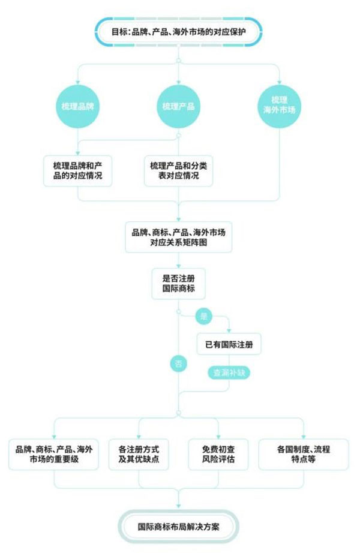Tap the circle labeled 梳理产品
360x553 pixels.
(179, 106)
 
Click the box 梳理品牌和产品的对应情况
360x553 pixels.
(78, 171)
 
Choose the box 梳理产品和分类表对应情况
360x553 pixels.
(179, 171)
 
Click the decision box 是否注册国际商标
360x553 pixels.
(179, 284)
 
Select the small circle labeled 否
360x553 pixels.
(178, 363)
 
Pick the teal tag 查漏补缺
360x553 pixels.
(229, 372)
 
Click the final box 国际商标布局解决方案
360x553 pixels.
(179, 527)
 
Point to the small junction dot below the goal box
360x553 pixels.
(179, 61)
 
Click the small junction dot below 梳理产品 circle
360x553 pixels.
(179, 136)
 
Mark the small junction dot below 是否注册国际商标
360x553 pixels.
(179, 312)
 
